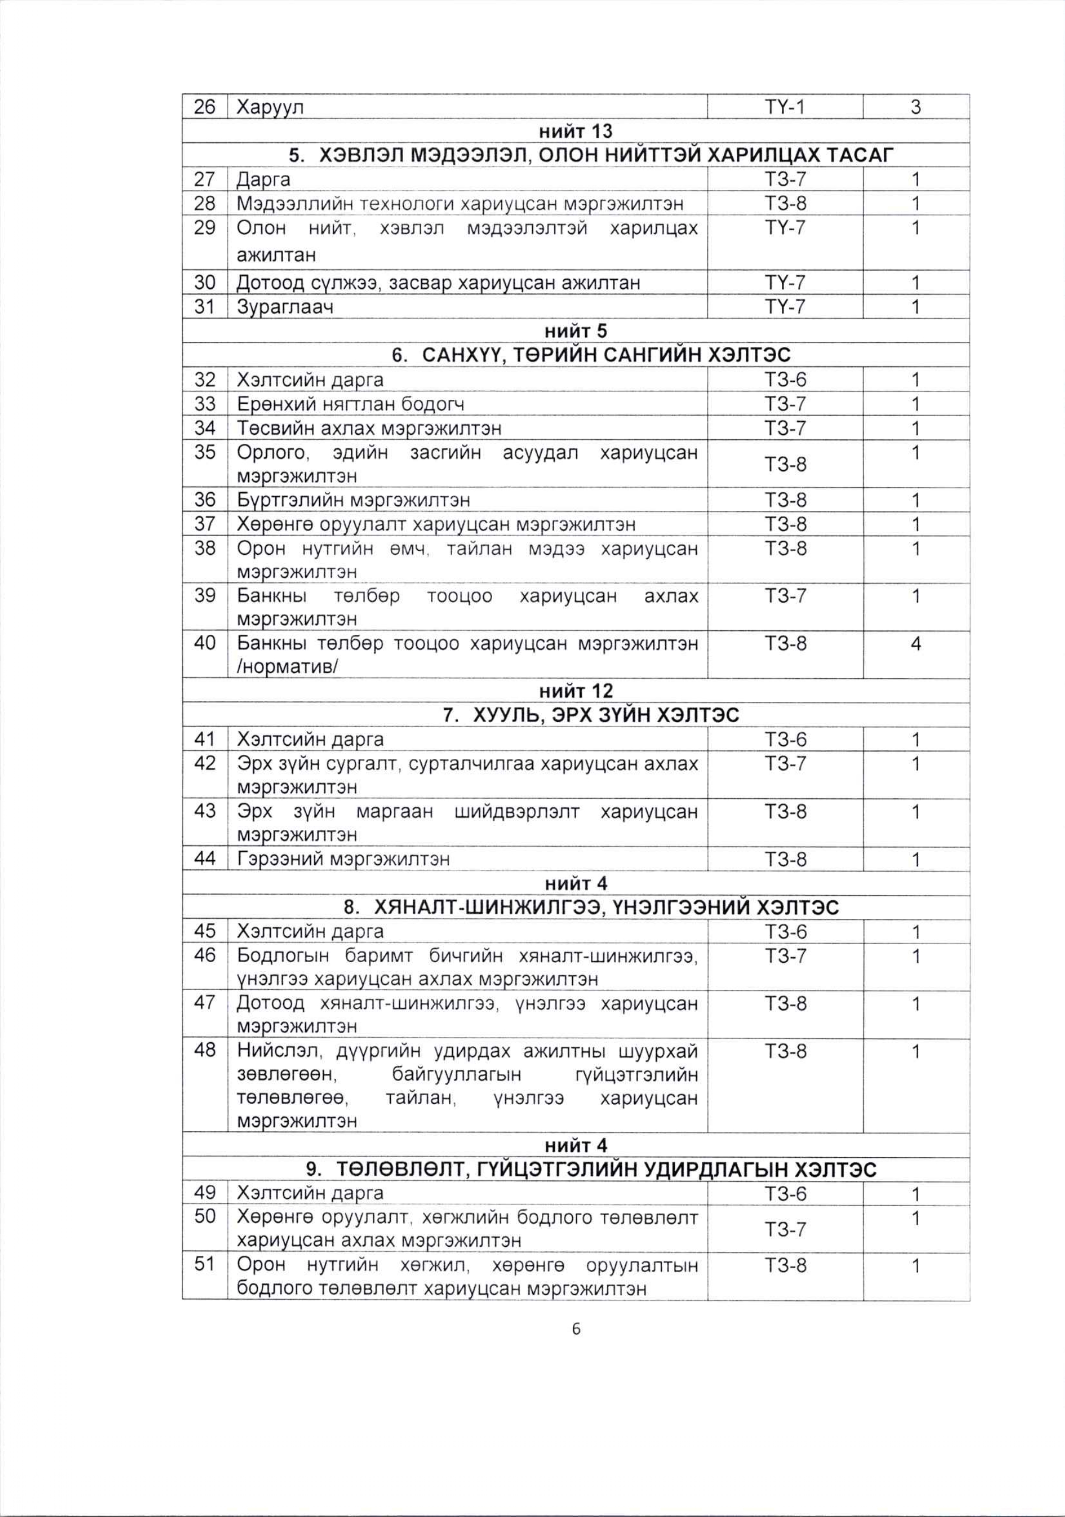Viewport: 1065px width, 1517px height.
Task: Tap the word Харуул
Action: (x=270, y=107)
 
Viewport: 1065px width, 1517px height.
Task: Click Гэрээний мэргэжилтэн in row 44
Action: (x=343, y=859)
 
